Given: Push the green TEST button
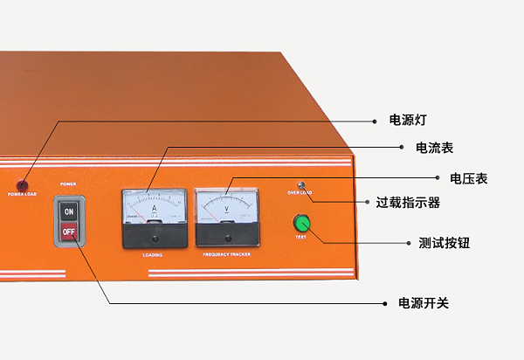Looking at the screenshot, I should click(x=302, y=222).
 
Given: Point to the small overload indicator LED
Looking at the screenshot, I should click(x=301, y=184).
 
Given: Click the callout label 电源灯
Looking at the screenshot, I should click(x=407, y=120).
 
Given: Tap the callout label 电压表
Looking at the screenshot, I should click(x=469, y=178).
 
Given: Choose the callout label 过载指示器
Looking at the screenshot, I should click(x=408, y=203).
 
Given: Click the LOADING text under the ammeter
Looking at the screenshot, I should click(x=153, y=255).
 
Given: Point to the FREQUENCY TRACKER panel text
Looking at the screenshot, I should click(x=226, y=255).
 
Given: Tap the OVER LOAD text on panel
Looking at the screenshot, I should click(x=300, y=192).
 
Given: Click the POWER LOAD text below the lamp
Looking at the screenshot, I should click(x=23, y=193).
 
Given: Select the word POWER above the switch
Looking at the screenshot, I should click(x=69, y=184).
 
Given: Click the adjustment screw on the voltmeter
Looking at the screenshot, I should click(x=227, y=238).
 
